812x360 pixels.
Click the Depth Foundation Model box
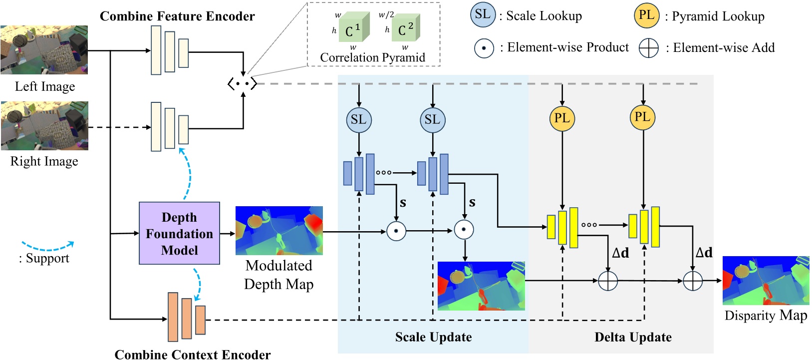(x=179, y=233)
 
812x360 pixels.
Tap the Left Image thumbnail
(x=44, y=50)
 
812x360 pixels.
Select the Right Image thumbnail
(x=44, y=126)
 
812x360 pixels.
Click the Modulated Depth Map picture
(x=279, y=231)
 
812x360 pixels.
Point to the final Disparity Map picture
(x=766, y=281)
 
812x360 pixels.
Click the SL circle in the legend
(x=483, y=14)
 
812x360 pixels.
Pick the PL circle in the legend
(x=646, y=15)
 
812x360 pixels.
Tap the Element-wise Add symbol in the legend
(x=648, y=48)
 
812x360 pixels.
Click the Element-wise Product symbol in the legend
(x=484, y=48)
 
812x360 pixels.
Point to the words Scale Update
(x=433, y=337)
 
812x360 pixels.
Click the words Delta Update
(x=633, y=338)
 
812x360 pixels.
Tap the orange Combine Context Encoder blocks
(x=186, y=317)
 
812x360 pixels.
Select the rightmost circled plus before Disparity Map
(x=692, y=281)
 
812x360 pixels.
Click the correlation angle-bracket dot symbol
(x=243, y=83)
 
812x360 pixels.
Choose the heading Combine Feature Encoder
(x=177, y=16)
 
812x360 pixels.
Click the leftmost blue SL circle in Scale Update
(x=358, y=120)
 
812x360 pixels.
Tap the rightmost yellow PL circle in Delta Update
(x=642, y=117)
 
